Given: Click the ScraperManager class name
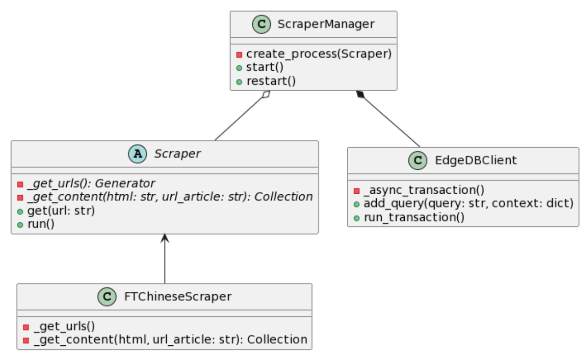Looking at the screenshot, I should (x=326, y=24).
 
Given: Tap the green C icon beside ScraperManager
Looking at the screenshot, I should (x=262, y=24).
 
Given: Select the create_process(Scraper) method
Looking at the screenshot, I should (x=318, y=54).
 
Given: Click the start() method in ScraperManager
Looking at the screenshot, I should (x=265, y=68).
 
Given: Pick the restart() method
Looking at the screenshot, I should (x=271, y=81).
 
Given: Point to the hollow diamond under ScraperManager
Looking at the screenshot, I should (x=266, y=95).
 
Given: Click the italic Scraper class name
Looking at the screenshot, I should (x=177, y=154).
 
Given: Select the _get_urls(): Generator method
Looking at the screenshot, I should (x=91, y=183).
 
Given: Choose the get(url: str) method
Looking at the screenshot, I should (x=61, y=210).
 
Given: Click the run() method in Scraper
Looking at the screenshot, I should (x=41, y=224).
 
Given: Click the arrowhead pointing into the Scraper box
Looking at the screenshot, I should (x=165, y=238).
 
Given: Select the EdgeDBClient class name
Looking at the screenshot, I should (x=475, y=160).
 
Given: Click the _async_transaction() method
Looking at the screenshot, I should (x=424, y=190).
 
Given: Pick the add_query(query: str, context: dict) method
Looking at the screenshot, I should (x=468, y=204).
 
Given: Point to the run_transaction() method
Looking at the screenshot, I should (x=414, y=217).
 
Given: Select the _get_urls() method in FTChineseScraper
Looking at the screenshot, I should (x=64, y=326).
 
